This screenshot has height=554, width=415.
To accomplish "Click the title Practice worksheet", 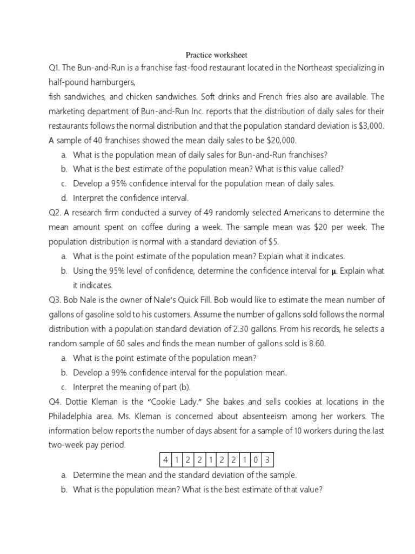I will [216, 55].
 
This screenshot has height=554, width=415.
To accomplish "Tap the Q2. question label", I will [55, 213].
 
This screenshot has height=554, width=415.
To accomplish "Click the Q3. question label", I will [55, 300].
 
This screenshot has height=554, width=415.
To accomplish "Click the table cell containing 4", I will [165, 460].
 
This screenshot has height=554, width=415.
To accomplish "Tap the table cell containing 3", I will [267, 460].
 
